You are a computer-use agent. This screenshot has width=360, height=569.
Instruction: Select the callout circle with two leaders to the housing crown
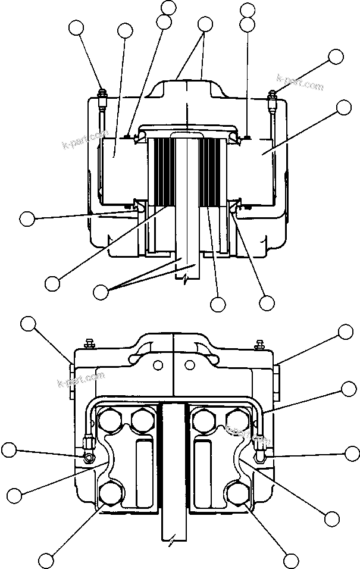[205, 24]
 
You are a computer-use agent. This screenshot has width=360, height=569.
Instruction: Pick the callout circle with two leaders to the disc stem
[102, 291]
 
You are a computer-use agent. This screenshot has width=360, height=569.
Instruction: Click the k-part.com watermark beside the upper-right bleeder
[300, 82]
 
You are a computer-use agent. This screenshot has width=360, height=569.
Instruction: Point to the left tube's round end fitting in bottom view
[89, 457]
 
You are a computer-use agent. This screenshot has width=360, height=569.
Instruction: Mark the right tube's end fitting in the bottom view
[261, 455]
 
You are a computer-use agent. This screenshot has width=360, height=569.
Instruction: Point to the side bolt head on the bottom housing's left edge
[71, 381]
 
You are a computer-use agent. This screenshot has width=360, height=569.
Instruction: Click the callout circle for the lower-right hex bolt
[291, 559]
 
